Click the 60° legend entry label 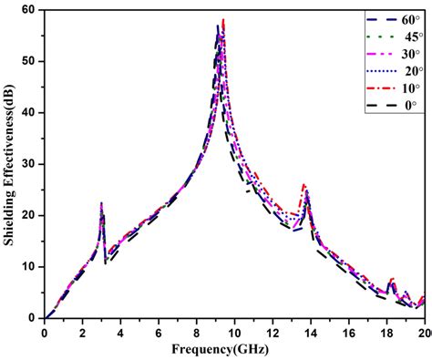pyautogui.click(x=409, y=19)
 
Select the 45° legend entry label pyautogui.click(x=409, y=36)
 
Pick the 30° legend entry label pyautogui.click(x=409, y=54)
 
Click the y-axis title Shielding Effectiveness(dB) pyautogui.click(x=9, y=164)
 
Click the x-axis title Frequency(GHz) pyautogui.click(x=233, y=348)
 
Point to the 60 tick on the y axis pyautogui.click(x=29, y=10)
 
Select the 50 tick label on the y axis pyautogui.click(x=29, y=61)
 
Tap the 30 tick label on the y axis pyautogui.click(x=29, y=164)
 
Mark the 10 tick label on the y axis pyautogui.click(x=29, y=266)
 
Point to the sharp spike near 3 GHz pyautogui.click(x=101, y=203)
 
